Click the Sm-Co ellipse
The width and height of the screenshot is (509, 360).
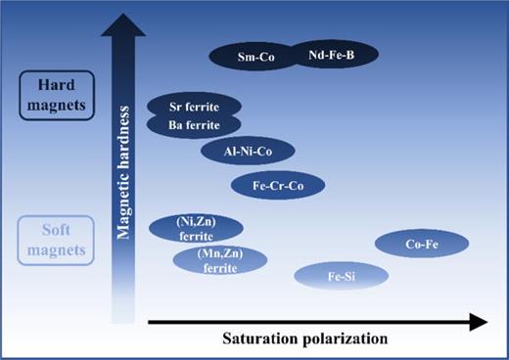pyautogui.click(x=256, y=58)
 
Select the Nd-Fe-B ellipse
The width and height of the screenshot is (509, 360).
pyautogui.click(x=331, y=56)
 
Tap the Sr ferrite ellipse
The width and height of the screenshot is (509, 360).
pyautogui.click(x=194, y=105)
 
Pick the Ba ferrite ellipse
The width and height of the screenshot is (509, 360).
pyautogui.click(x=194, y=124)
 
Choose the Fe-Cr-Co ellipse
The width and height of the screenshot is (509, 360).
pyautogui.click(x=277, y=185)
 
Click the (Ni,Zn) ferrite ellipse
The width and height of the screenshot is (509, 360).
pyautogui.click(x=195, y=229)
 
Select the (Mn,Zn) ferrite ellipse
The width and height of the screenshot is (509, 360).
pyautogui.click(x=219, y=260)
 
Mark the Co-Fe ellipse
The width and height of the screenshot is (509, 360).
pyautogui.click(x=422, y=245)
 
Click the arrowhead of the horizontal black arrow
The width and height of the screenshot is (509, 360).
pyautogui.click(x=477, y=320)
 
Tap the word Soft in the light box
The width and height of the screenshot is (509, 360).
pyautogui.click(x=57, y=232)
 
